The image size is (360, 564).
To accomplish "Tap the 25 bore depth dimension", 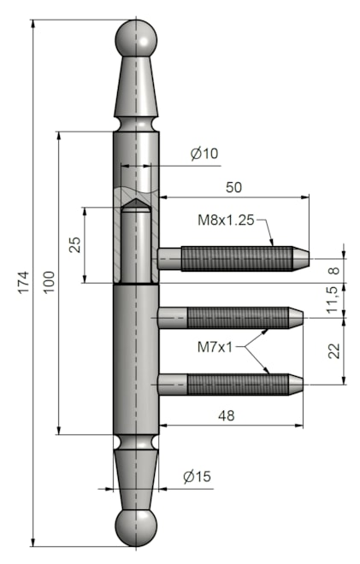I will pyautogui.click(x=75, y=244).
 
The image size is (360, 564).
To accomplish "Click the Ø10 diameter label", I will pyautogui.click(x=204, y=154).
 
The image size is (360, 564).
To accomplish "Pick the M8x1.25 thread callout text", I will pyautogui.click(x=226, y=220).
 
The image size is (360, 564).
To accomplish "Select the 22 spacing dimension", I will pyautogui.click(x=334, y=350).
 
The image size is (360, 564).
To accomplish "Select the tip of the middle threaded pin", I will pyautogui.click(x=292, y=319).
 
